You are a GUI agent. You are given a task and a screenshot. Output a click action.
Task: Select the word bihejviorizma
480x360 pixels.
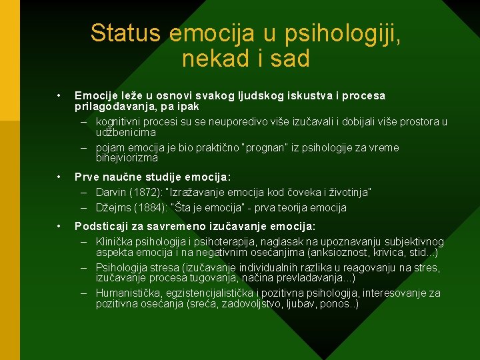(127, 158)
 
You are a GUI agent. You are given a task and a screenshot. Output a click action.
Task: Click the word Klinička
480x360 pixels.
(115, 241)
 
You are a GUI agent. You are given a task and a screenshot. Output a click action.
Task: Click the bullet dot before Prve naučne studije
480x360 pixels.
(59, 177)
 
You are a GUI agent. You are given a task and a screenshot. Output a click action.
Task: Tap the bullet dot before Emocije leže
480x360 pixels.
(59, 95)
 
